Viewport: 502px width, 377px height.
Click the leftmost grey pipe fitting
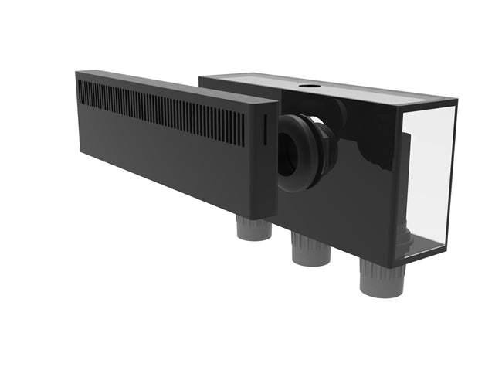pyautogui.click(x=254, y=229)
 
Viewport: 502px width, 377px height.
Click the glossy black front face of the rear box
pyautogui.click(x=363, y=185)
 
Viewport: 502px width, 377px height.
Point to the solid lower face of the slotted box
pyautogui.click(x=178, y=166)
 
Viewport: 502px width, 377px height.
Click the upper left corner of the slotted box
pyautogui.click(x=77, y=74)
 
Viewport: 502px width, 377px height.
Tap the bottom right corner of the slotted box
pyautogui.click(x=274, y=218)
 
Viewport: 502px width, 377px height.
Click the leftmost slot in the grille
pyautogui.click(x=80, y=90)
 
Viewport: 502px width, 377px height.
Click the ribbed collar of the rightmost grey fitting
pyautogui.click(x=382, y=270)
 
